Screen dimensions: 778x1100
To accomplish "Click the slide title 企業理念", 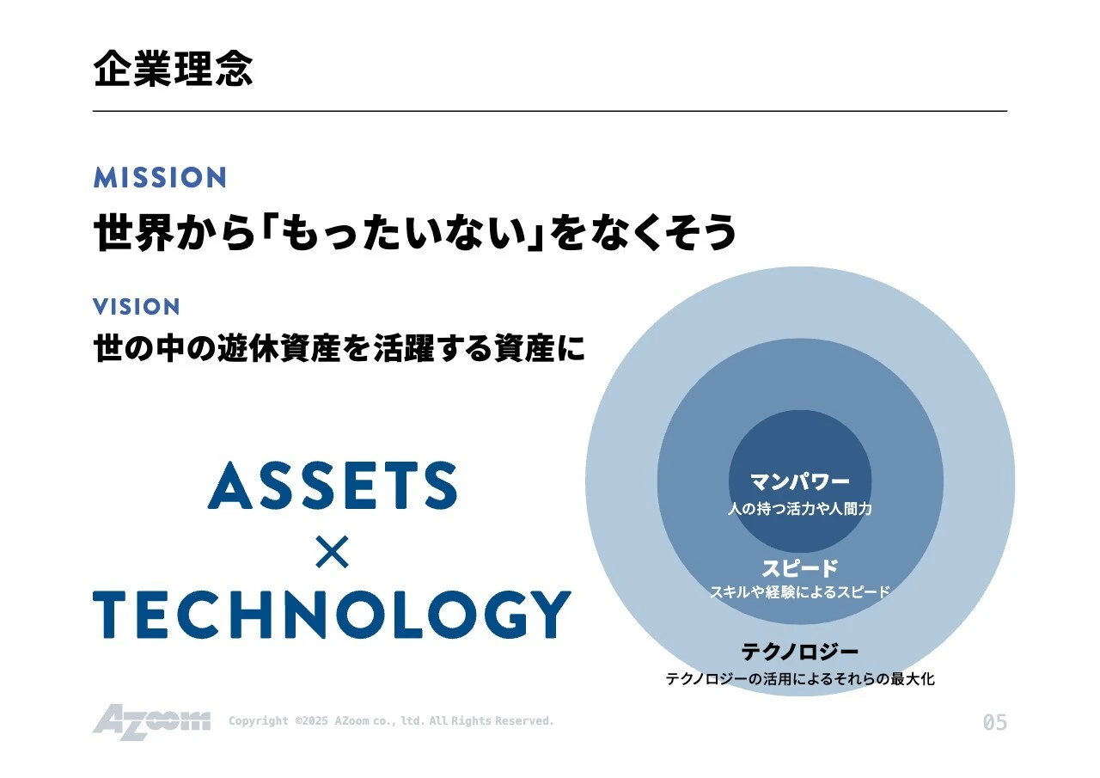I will click(174, 69).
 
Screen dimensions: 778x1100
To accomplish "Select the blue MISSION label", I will click(160, 178).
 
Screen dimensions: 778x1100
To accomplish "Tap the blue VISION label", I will click(137, 307).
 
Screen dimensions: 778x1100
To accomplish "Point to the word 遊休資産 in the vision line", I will click(264, 349).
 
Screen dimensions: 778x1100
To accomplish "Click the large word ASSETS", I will click(332, 486).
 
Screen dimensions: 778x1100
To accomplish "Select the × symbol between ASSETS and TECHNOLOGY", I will click(332, 553).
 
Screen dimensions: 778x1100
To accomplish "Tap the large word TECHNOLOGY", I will click(332, 614).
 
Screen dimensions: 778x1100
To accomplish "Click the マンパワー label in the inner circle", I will click(800, 481).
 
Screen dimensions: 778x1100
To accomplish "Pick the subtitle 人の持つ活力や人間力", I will click(800, 509).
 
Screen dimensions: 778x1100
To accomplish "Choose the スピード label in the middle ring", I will click(800, 568).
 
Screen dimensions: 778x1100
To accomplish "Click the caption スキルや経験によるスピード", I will click(800, 592).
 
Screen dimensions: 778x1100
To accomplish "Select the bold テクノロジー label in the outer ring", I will click(800, 652).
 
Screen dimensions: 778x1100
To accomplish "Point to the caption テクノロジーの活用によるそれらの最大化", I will click(800, 679).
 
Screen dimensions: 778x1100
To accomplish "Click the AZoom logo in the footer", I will click(151, 721).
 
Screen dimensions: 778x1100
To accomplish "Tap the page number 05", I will click(994, 723).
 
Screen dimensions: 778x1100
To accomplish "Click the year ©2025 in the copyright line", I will click(310, 721).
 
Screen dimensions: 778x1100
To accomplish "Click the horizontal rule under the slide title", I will click(550, 111).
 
